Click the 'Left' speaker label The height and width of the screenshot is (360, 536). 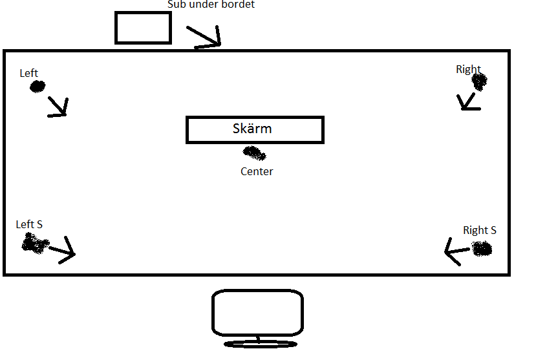(28, 73)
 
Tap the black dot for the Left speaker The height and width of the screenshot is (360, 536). (38, 87)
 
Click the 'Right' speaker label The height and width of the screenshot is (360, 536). (468, 69)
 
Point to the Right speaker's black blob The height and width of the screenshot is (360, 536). (479, 82)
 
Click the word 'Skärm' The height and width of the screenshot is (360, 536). (252, 129)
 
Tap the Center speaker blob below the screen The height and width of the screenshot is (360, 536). (254, 153)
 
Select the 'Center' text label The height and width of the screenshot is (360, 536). (257, 171)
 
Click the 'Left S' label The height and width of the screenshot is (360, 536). (29, 224)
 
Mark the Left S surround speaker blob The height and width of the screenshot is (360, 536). (35, 243)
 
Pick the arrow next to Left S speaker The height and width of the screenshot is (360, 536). (62, 250)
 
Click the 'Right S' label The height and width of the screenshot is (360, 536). (480, 230)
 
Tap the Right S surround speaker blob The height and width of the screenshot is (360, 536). (482, 248)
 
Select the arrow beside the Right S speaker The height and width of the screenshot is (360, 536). (457, 251)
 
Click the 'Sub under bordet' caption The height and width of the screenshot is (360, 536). (211, 4)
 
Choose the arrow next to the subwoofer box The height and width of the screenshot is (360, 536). (204, 36)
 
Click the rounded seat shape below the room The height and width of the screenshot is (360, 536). (212, 313)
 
